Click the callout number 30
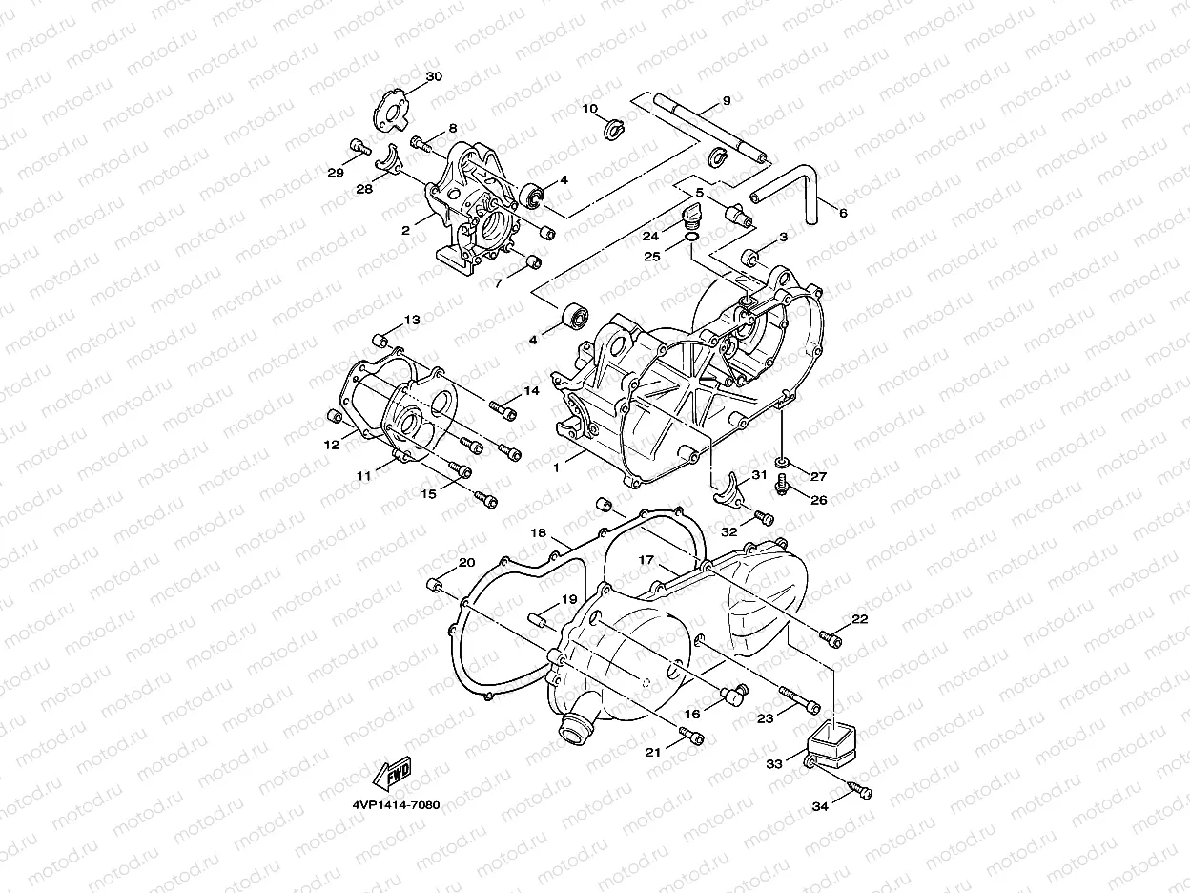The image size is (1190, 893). click(434, 76)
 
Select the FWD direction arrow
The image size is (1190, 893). click(394, 776)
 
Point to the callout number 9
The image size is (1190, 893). click(726, 101)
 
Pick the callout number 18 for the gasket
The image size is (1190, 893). click(538, 532)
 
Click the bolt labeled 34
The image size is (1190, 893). click(862, 791)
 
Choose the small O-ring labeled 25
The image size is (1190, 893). click(692, 238)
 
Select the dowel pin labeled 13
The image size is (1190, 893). click(380, 339)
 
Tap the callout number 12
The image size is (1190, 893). click(331, 445)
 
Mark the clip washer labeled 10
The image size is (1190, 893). click(615, 127)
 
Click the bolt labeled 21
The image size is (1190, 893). click(691, 737)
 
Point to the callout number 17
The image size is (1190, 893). click(646, 560)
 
